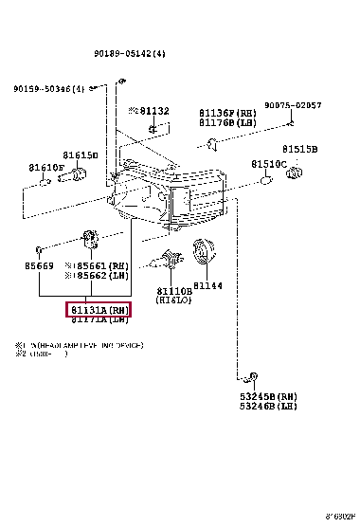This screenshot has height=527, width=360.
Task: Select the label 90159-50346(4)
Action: [48, 89]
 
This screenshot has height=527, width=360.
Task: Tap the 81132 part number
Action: [153, 111]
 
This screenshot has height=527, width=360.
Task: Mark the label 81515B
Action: [299, 149]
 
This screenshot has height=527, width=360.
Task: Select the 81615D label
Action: [81, 154]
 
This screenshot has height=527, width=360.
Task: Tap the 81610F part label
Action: [47, 168]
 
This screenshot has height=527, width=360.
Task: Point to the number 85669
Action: [40, 267]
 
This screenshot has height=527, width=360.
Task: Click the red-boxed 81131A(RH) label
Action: [98, 310]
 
